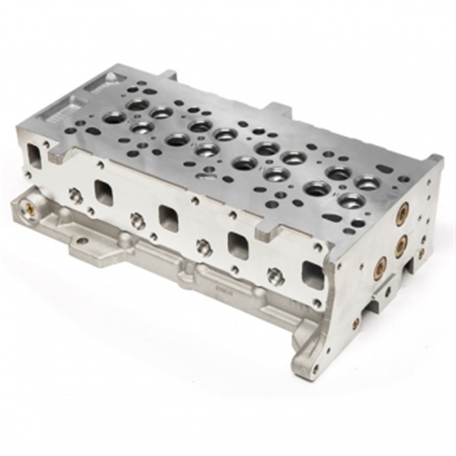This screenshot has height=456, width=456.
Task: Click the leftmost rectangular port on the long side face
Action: [x=104, y=192]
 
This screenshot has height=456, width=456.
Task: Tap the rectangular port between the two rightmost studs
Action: [x=237, y=244]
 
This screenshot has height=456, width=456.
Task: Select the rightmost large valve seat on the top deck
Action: [x=366, y=184]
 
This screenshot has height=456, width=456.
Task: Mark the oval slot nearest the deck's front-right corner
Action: [x=331, y=219]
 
